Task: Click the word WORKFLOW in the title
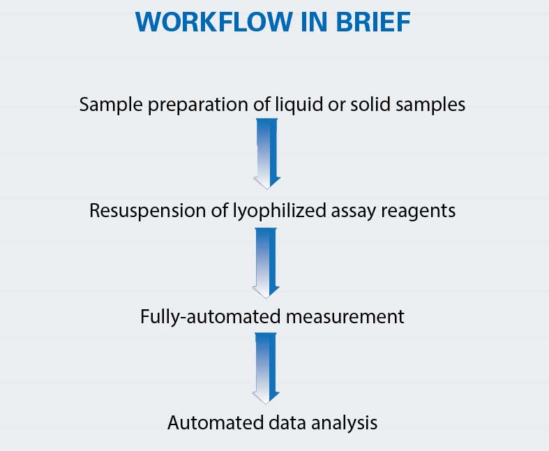coord(214,22)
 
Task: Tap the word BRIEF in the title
coord(373,22)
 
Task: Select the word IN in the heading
coord(314,22)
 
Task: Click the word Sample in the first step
coord(111,105)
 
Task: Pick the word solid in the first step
coord(370,104)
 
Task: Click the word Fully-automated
coord(211,317)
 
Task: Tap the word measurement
coord(345,317)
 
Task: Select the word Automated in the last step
coord(216,422)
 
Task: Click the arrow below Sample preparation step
coord(267,154)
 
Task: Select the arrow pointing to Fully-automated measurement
coord(266,263)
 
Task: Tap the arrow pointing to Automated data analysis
coord(266,369)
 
